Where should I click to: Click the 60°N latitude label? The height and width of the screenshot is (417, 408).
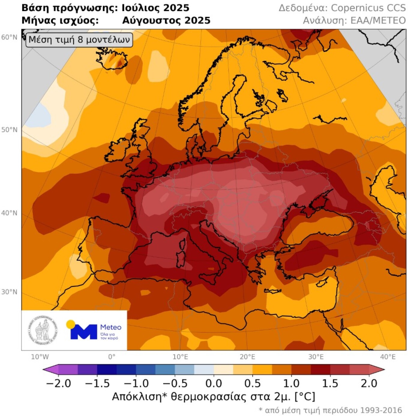(x=9, y=37)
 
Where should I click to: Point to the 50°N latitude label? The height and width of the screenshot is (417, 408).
(x=9, y=130)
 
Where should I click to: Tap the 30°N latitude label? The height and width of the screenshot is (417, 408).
(x=9, y=292)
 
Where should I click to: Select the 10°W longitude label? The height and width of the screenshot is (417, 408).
(x=40, y=357)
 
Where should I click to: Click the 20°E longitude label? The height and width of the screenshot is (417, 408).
(x=247, y=357)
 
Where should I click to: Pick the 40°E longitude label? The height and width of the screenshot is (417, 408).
(x=388, y=357)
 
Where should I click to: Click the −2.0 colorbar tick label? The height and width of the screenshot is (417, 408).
(x=58, y=384)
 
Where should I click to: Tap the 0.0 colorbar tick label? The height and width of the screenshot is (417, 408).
(x=214, y=384)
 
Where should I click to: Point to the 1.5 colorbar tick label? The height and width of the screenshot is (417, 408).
(x=330, y=384)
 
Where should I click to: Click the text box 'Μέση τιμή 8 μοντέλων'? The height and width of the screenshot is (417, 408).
(x=79, y=40)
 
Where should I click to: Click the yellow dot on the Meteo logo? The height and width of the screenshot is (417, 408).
(x=71, y=324)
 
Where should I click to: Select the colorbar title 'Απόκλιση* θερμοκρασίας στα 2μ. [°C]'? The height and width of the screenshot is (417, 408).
(x=214, y=397)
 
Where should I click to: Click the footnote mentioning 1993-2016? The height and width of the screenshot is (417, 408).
(x=330, y=410)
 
